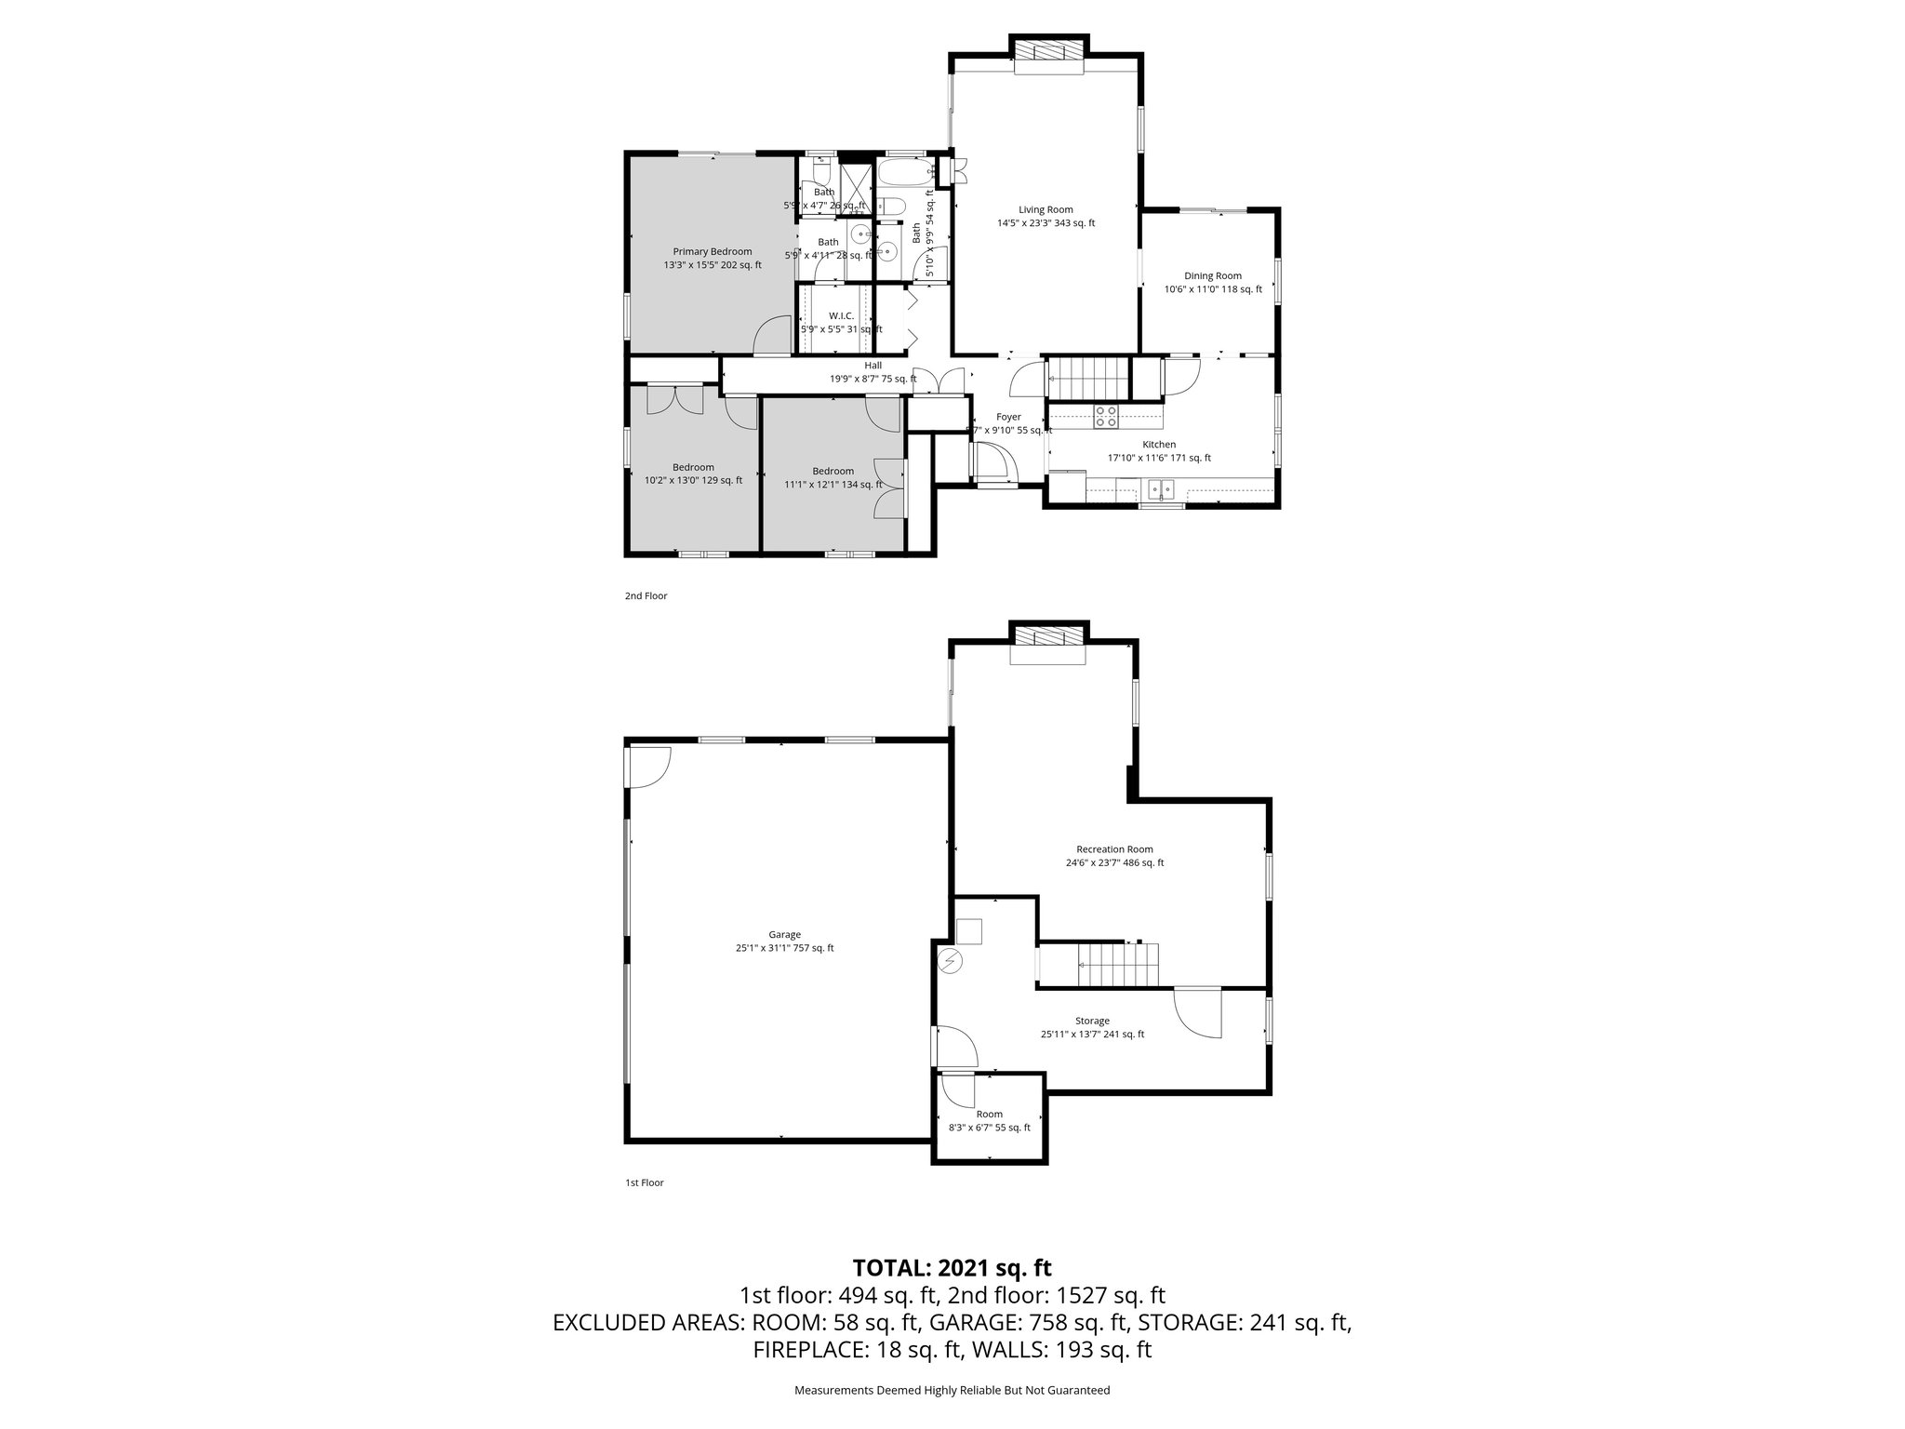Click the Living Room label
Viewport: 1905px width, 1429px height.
point(1046,210)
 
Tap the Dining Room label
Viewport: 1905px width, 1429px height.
point(1212,276)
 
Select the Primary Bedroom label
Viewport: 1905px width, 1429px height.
point(713,252)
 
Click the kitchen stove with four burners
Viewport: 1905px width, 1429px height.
point(1106,417)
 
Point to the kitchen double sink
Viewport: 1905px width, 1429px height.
point(1161,487)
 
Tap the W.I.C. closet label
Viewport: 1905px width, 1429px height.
point(841,316)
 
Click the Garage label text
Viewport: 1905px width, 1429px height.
point(784,935)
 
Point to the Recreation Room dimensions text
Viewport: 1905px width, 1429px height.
point(1114,862)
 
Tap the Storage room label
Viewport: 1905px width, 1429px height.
point(1092,1021)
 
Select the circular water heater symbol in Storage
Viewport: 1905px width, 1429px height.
point(951,961)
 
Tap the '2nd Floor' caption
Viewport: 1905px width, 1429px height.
point(646,596)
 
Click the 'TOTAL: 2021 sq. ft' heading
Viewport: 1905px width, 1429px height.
point(952,1267)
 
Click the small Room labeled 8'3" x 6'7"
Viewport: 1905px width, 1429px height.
point(989,1121)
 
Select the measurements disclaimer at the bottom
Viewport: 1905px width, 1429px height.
point(952,1390)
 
